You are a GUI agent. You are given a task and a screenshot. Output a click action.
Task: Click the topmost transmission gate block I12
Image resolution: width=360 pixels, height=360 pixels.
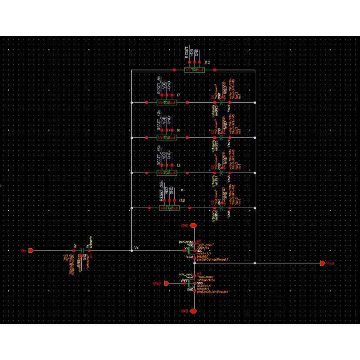click(x=194, y=70)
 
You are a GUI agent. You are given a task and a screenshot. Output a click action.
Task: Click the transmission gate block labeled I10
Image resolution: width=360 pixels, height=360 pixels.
click(x=169, y=208)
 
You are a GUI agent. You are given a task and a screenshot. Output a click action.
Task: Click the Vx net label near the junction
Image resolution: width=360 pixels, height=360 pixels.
click(x=137, y=247)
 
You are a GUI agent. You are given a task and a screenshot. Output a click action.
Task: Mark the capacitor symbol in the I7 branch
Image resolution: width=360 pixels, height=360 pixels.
click(x=221, y=103)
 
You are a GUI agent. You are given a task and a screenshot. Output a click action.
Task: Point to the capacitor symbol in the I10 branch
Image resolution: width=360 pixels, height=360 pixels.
click(x=221, y=208)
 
